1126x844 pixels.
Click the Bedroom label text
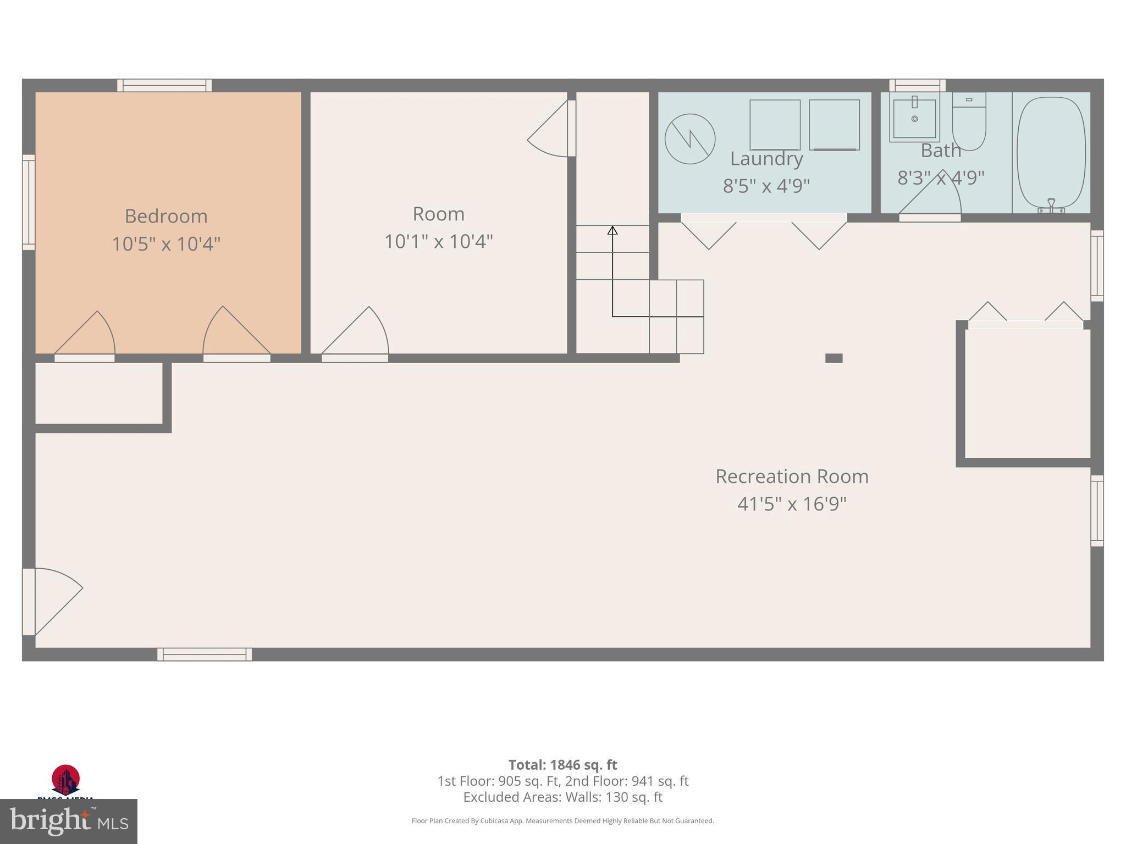pos(166,216)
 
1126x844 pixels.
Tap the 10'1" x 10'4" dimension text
pos(438,241)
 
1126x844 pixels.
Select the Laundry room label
pos(766,159)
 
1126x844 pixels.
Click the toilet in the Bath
pos(969,122)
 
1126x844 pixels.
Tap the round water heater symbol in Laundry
pos(690,139)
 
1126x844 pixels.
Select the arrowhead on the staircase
pos(612,230)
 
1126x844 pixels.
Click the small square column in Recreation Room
pos(834,358)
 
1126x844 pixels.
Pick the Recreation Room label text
pos(792,476)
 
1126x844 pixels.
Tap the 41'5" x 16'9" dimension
pos(792,504)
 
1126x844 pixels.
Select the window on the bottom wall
pos(205,654)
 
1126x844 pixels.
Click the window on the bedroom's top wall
pos(164,85)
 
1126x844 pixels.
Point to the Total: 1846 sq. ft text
pos(562,765)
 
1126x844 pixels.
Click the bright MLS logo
pos(69,821)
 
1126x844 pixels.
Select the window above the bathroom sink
pos(917,85)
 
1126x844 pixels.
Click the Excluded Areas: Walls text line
pos(562,797)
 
